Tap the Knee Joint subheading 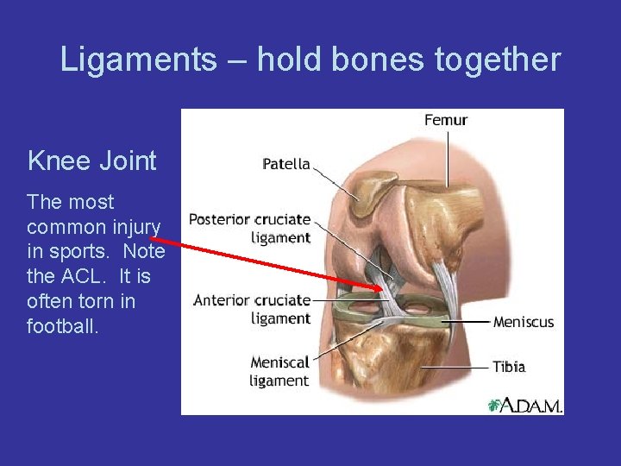coord(92,161)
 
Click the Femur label coord(446,120)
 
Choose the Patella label coord(286,164)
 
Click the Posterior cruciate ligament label coord(250,228)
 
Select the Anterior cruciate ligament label coord(252,309)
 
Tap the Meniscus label coord(524,322)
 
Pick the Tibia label coord(509,367)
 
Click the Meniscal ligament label coord(279,371)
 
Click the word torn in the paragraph coord(97,303)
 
